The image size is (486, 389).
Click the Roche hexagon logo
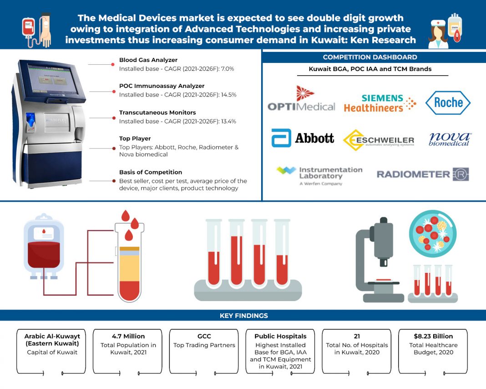click(x=448, y=102)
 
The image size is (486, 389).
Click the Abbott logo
click(x=303, y=138)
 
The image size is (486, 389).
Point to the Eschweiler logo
click(x=379, y=140)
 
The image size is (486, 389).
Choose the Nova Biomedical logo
click(x=450, y=139)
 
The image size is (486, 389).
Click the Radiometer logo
click(x=422, y=174)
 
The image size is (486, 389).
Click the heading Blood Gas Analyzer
click(x=148, y=60)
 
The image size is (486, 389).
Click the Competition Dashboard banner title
click(x=370, y=57)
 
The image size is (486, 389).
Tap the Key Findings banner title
click(x=243, y=315)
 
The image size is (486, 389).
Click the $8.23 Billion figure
click(x=433, y=336)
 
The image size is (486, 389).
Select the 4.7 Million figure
click(x=128, y=336)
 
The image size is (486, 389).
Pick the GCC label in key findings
click(x=204, y=336)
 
